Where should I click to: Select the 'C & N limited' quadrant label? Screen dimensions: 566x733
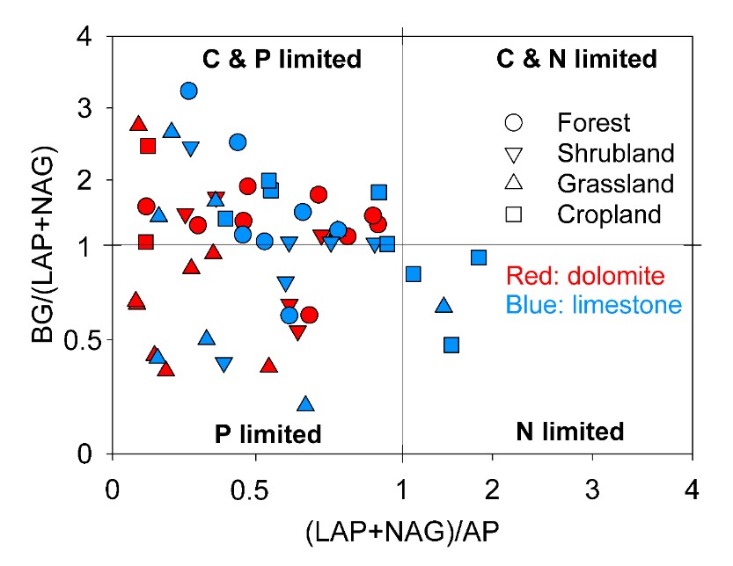pos(576,60)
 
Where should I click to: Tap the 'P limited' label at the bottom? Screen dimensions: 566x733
pos(268,434)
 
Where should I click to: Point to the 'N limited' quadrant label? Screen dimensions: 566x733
pos(569,432)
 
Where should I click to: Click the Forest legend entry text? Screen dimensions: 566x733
pos(594,122)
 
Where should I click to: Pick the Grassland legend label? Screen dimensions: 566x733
pos(615,184)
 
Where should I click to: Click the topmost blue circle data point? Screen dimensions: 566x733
pos(188,91)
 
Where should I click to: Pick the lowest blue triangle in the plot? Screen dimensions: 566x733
pos(305,404)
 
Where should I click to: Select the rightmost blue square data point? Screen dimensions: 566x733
pos(479,258)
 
